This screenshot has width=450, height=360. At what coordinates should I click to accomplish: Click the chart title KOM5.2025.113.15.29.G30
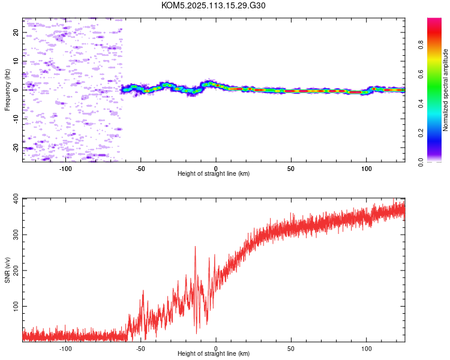point(213,5)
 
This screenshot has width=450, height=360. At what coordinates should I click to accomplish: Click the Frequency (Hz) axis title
point(7,90)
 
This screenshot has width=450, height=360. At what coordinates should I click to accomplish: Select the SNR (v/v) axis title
point(7,270)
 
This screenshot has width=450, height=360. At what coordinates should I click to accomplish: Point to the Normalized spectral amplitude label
point(445,90)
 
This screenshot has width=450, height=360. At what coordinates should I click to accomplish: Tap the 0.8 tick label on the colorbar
point(421,45)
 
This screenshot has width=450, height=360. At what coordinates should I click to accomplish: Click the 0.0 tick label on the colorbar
point(421,162)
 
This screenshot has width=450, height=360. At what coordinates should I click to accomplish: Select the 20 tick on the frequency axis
point(16,32)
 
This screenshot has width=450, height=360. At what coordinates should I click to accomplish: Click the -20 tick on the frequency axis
point(16,148)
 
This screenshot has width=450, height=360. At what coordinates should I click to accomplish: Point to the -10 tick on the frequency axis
point(16,119)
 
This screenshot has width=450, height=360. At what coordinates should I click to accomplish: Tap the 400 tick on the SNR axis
point(16,199)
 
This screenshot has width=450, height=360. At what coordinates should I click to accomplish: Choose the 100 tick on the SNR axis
point(16,307)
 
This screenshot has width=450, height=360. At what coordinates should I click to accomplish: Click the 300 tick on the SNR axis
point(16,235)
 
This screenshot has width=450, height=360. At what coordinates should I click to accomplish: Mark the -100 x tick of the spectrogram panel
point(65,169)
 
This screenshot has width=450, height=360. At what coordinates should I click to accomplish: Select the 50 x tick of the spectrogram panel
point(291,169)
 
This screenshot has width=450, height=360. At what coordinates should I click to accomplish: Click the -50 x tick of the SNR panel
point(140,349)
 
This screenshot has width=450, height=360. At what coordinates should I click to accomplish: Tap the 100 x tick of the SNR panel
point(367,349)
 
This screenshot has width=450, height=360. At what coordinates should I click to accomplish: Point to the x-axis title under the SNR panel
point(214,353)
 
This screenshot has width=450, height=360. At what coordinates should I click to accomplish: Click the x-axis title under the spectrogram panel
point(214,173)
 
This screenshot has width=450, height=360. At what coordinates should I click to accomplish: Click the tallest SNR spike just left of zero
point(196,247)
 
